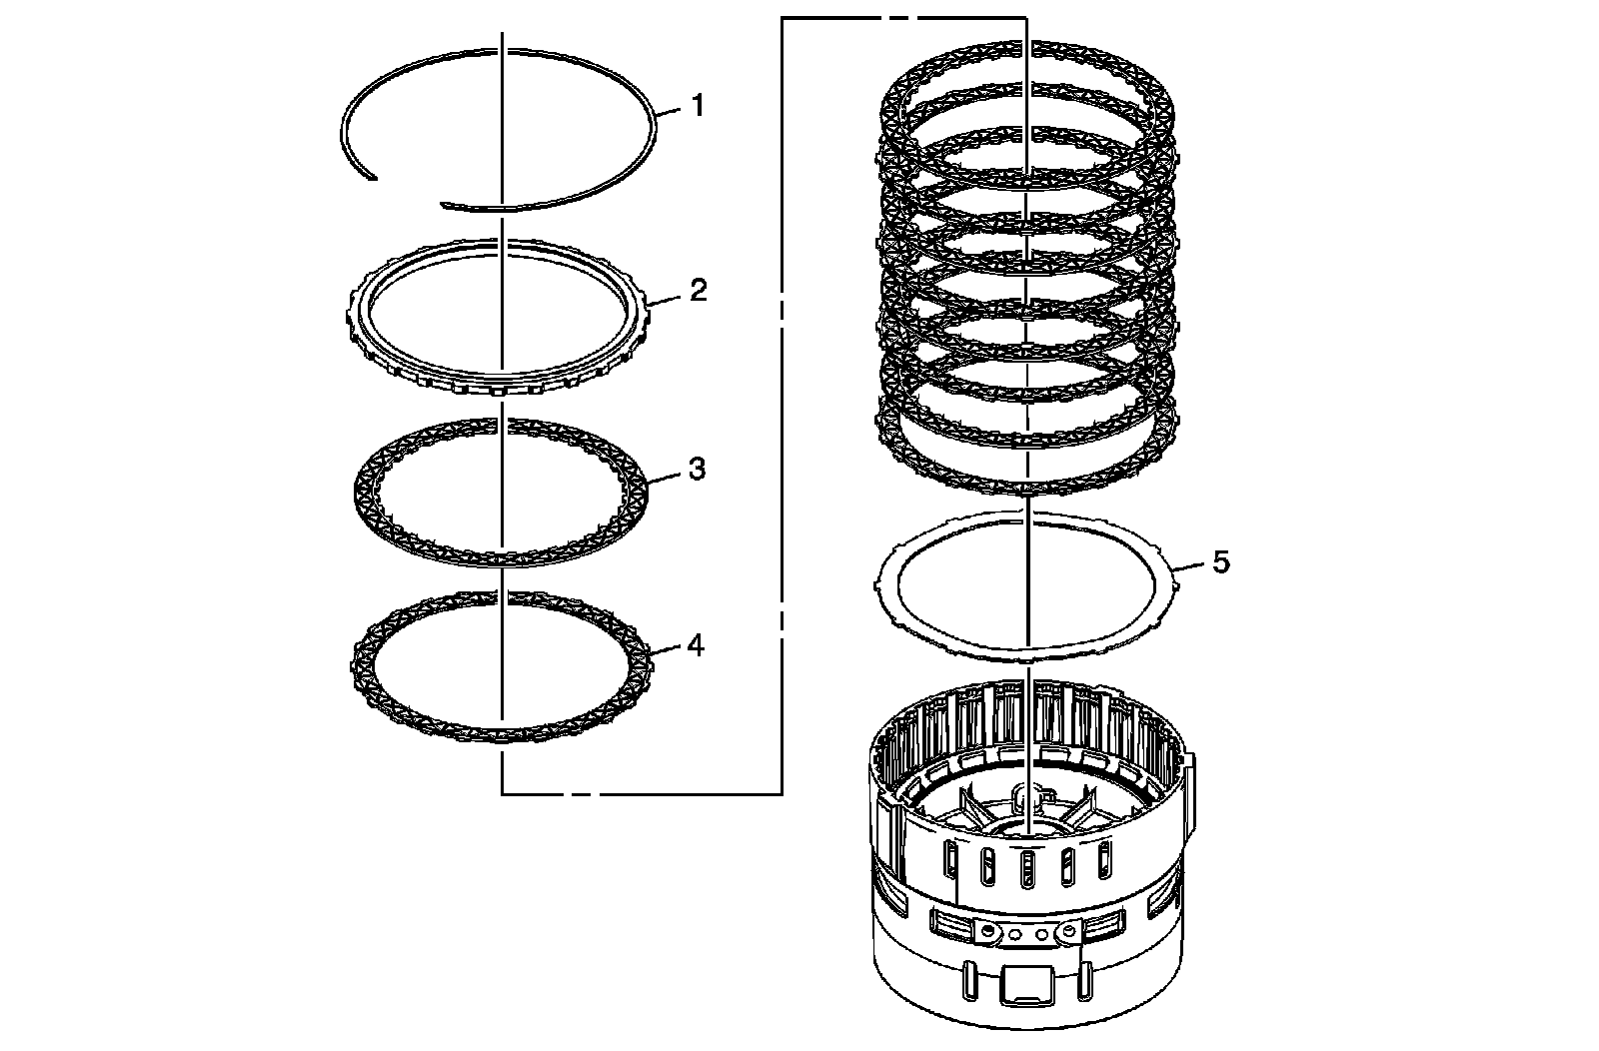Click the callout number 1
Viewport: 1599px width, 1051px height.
tap(698, 105)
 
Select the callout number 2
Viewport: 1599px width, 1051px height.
tap(698, 291)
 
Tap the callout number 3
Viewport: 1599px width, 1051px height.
tap(698, 469)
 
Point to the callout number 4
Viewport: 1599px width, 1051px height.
tap(696, 646)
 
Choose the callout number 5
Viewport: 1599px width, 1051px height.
tap(1220, 562)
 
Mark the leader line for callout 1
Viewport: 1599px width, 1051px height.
tap(671, 109)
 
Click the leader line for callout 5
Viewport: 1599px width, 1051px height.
tap(1193, 567)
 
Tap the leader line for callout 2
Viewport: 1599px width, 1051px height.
tap(667, 296)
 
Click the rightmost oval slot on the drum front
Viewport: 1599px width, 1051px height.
tap(1104, 858)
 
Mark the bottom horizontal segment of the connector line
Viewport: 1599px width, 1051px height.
tap(640, 793)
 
